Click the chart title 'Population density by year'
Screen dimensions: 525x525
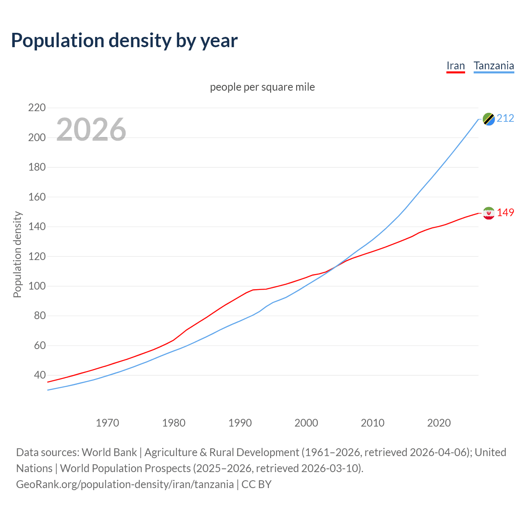coord(124,40)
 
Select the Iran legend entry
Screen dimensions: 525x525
coord(455,66)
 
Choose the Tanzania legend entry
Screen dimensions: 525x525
coord(493,66)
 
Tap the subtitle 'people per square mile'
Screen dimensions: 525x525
coord(262,87)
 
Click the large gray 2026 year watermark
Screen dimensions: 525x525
coord(91,130)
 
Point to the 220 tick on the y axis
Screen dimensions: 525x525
coord(37,108)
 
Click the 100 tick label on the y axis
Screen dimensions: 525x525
coord(37,286)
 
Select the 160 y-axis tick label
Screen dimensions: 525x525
coord(37,197)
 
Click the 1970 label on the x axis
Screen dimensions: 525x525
coord(107,423)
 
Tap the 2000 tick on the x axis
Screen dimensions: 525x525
coord(306,423)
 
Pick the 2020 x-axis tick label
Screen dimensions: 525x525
coord(439,423)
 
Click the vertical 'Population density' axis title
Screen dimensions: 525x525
coord(17,254)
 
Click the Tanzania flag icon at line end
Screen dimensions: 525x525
coord(488,119)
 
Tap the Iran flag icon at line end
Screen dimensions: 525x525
coord(488,213)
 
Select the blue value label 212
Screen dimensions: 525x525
coord(505,119)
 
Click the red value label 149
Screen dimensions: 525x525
coord(505,212)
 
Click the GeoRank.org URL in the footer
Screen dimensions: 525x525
coord(125,484)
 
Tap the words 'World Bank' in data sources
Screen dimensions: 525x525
coord(109,452)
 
